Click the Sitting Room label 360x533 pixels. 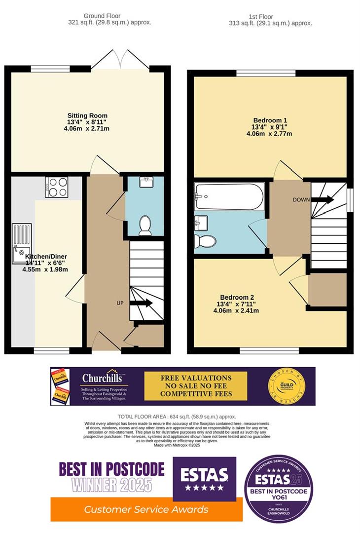coord(87,116)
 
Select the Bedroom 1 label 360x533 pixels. coord(270,120)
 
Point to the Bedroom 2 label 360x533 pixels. coord(237,297)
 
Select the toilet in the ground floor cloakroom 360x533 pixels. coord(145,225)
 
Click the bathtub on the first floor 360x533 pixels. coord(227,196)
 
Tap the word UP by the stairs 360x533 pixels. coord(120,303)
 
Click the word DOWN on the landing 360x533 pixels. coord(301,200)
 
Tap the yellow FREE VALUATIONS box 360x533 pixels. coord(195,386)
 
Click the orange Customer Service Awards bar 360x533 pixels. coord(146,509)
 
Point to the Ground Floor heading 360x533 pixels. coord(102,16)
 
